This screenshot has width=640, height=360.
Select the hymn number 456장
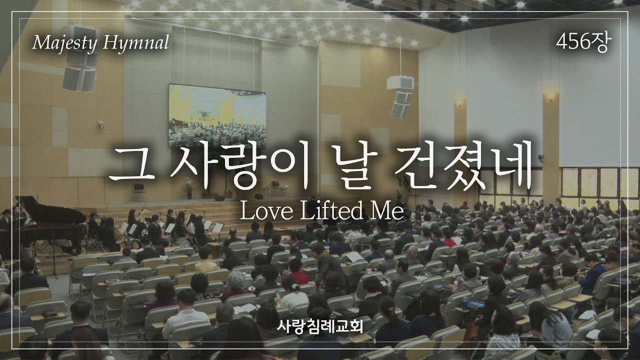[583, 44]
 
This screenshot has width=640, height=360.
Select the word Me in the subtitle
[386, 211]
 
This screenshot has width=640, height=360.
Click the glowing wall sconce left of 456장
[550, 95]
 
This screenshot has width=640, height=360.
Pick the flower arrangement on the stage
[189, 187]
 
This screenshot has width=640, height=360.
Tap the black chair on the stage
[138, 189]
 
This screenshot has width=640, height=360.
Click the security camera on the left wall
[102, 124]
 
